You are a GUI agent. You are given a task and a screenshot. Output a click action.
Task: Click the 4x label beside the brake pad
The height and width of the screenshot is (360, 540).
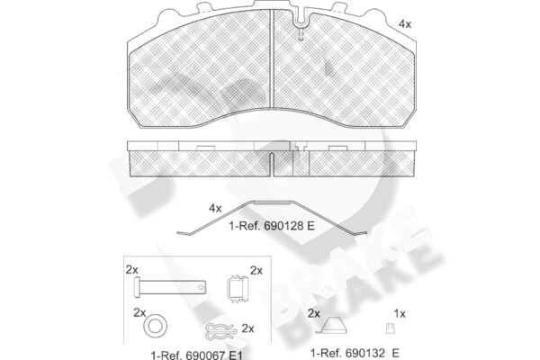coord(405,24)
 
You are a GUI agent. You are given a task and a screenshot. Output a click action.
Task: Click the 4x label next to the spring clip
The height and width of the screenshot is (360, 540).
coord(215,209)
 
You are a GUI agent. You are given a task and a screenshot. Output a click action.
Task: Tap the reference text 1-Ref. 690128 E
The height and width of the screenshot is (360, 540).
coord(272,226)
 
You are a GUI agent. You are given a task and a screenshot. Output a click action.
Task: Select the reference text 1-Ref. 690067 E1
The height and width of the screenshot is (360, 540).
coord(196,355)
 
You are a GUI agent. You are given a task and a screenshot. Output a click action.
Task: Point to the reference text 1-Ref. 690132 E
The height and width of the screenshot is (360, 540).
coord(355,353)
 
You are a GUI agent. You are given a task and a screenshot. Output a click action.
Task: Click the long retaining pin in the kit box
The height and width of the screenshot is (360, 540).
coord(170,287)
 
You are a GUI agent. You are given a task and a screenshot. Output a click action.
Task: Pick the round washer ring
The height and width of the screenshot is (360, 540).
coord(155,326)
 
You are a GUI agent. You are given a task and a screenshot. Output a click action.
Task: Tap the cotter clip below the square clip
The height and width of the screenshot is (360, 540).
coord(221,331)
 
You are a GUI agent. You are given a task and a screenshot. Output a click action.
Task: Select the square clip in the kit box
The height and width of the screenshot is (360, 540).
coord(238,288)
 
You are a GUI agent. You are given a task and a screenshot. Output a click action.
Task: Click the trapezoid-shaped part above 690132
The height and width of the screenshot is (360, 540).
coord(331,326)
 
